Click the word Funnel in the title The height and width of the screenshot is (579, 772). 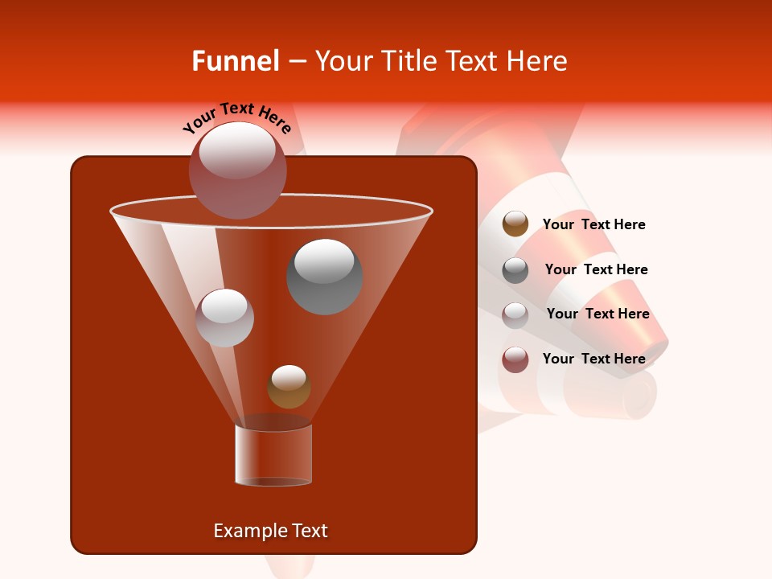[235, 61]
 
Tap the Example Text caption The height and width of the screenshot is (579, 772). [270, 531]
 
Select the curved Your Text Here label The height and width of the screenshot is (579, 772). [237, 117]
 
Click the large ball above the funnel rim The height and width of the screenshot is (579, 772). [237, 170]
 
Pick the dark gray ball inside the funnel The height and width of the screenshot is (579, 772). [324, 276]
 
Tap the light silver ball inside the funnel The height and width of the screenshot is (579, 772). [224, 318]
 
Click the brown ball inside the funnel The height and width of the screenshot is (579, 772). [289, 387]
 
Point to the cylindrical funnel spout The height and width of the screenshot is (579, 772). [273, 454]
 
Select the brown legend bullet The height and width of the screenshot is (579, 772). [515, 224]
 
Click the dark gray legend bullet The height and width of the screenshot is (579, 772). [515, 270]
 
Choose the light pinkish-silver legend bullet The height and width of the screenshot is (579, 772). [515, 314]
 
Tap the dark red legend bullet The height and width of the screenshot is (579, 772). [515, 359]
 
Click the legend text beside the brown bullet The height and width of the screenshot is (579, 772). [593, 225]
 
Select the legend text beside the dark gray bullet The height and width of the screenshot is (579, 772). [596, 270]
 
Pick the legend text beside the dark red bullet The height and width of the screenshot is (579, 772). [593, 359]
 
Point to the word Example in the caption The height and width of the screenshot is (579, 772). [244, 531]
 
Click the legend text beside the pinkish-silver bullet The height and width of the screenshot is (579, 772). [597, 314]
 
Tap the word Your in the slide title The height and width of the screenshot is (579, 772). [341, 61]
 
